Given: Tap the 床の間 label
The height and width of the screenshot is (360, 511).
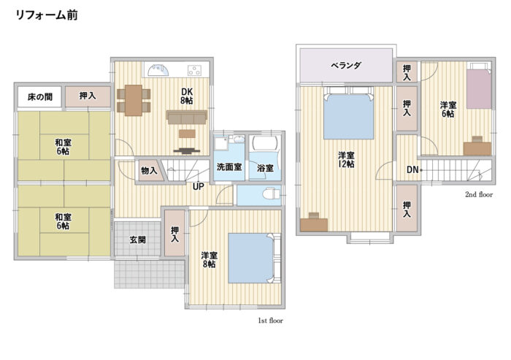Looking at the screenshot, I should tap(39, 96).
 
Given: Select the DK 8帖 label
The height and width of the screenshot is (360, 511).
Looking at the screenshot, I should tap(187, 96).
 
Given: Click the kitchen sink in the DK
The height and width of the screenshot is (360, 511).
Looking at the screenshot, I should tap(158, 71).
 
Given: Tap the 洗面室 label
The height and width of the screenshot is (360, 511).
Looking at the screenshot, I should tap(229, 167).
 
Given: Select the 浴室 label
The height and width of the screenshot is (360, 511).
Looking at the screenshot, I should tap(265, 168).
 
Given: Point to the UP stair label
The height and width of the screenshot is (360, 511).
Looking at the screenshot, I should tap(198, 185).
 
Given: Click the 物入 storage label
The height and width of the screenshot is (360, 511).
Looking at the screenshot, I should tap(149, 170).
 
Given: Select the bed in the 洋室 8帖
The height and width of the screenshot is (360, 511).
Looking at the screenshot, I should tap(253, 258).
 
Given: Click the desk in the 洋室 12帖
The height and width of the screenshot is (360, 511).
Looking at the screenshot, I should tap(314, 221).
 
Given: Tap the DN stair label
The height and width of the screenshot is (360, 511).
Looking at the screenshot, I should tap(412, 170).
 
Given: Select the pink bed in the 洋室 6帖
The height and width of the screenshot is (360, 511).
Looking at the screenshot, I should tap(480, 88).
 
